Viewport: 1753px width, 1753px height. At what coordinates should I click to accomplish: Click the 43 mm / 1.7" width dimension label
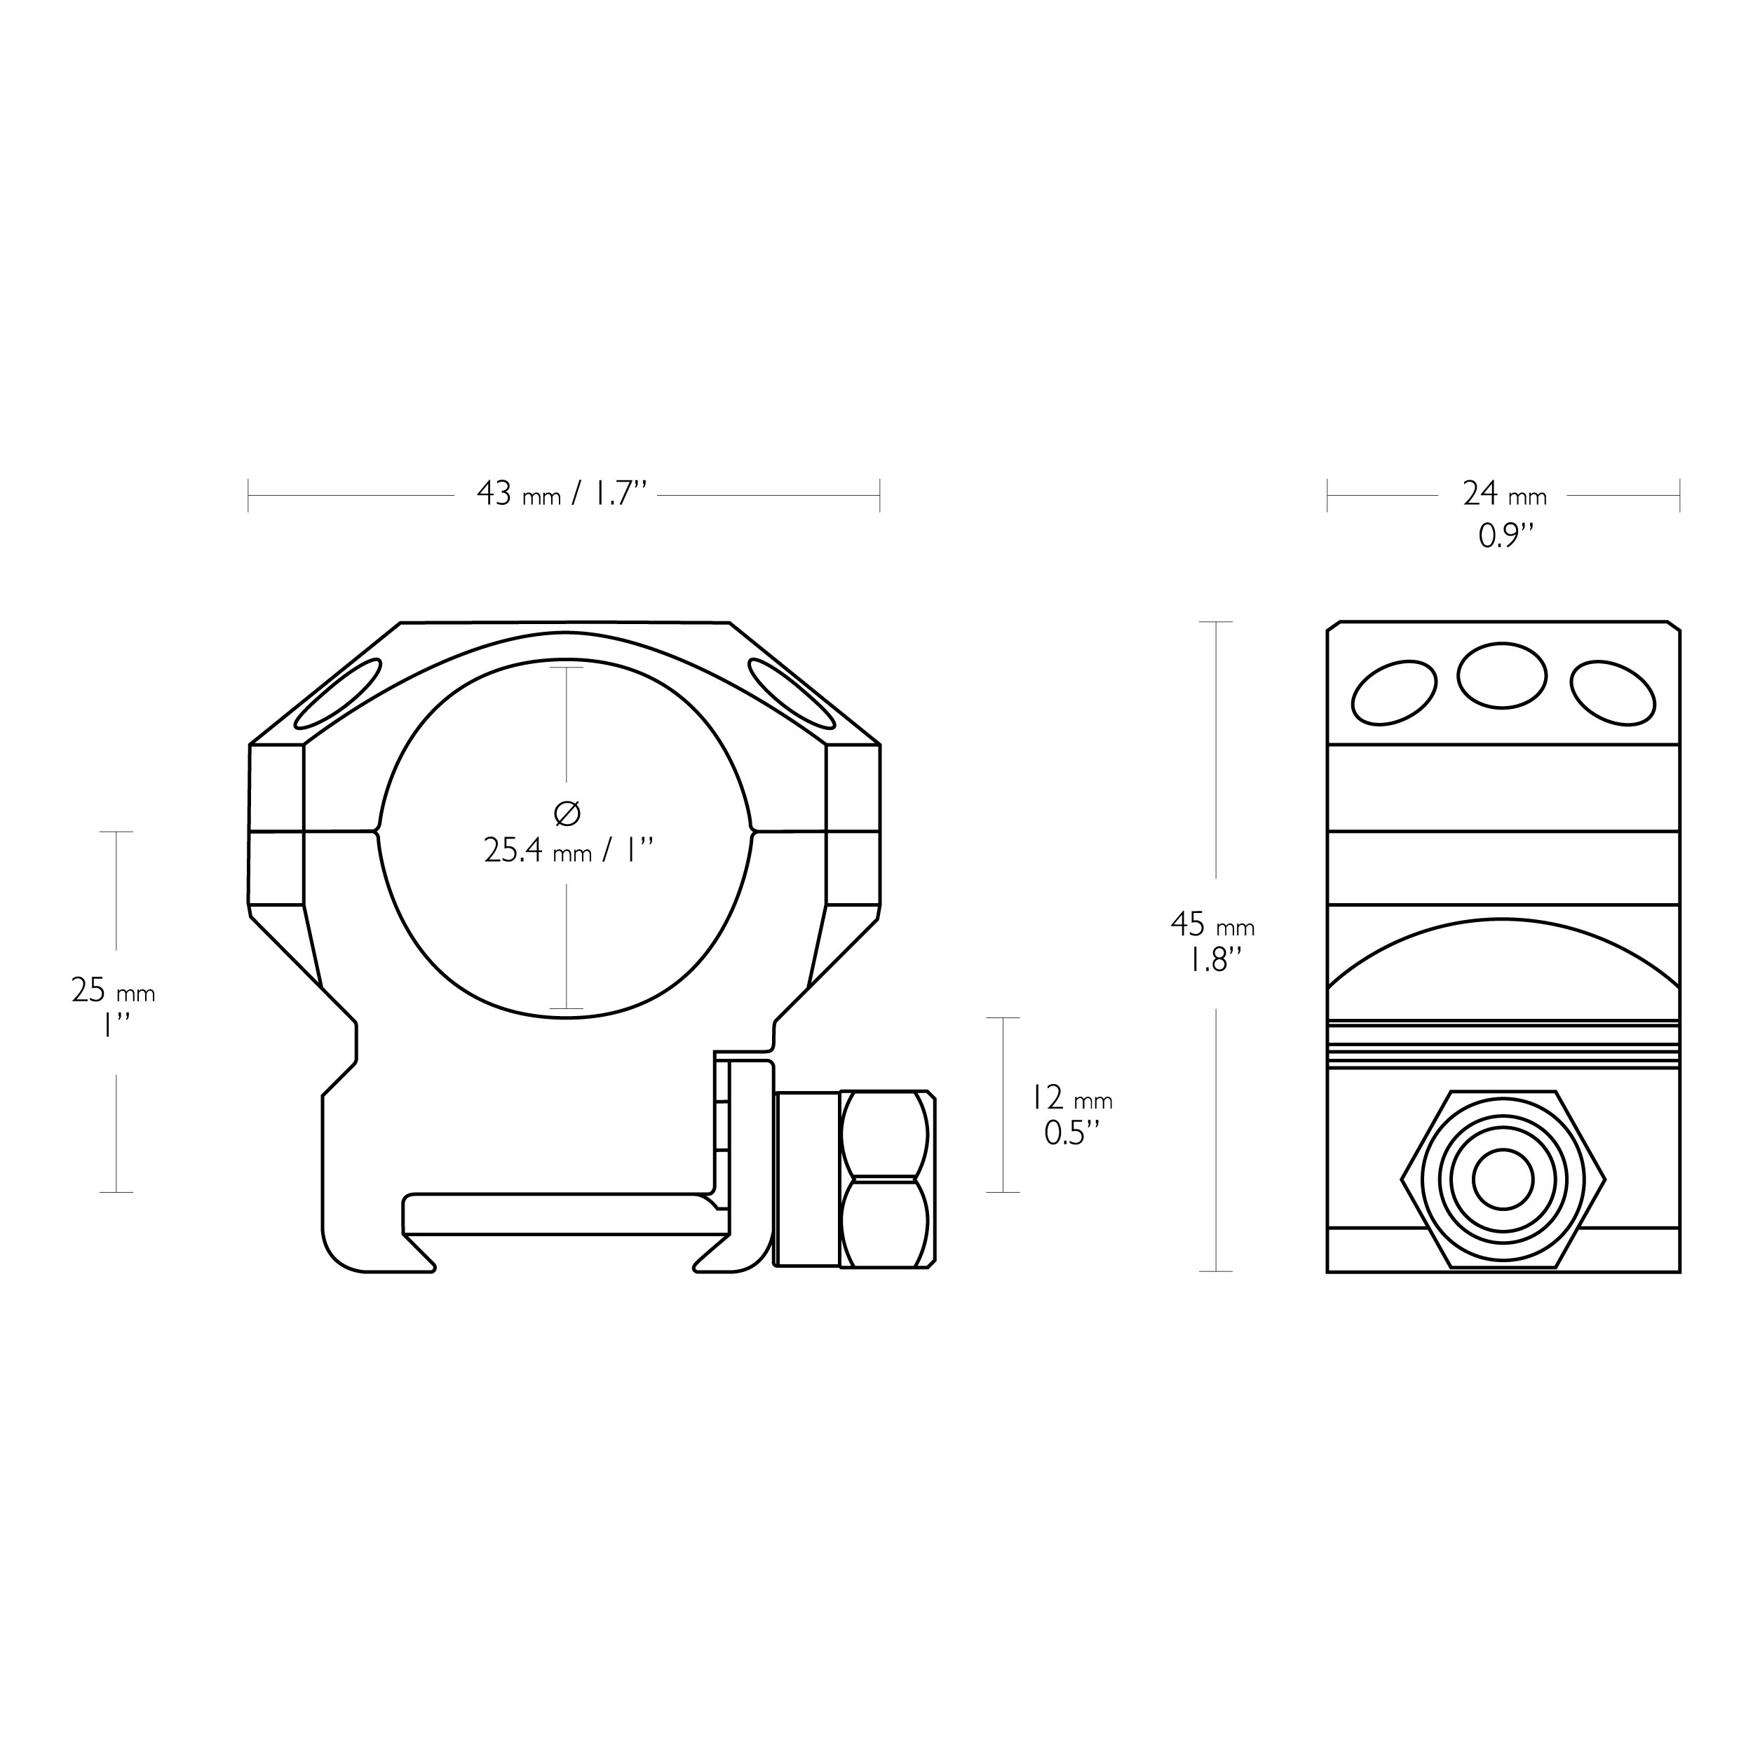[x=562, y=494]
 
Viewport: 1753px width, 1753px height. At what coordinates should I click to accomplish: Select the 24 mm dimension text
[x=1504, y=494]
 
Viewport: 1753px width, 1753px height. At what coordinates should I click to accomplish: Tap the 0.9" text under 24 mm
[x=1505, y=536]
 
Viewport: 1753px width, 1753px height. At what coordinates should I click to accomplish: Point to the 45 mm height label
[x=1212, y=926]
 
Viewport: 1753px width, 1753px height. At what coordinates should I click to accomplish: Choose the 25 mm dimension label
[x=112, y=991]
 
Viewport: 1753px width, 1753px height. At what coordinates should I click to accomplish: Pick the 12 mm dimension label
[x=1071, y=1098]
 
